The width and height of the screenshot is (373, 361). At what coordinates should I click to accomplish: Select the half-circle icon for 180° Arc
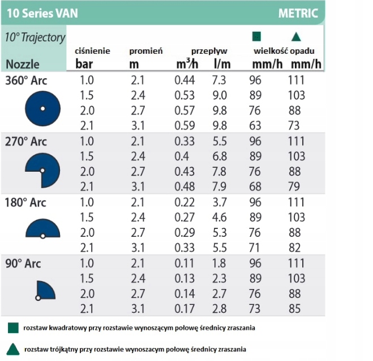(x=42, y=229)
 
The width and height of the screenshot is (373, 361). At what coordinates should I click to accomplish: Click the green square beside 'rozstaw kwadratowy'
(x=12, y=328)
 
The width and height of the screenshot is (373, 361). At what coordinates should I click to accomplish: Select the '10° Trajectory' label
(x=35, y=37)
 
